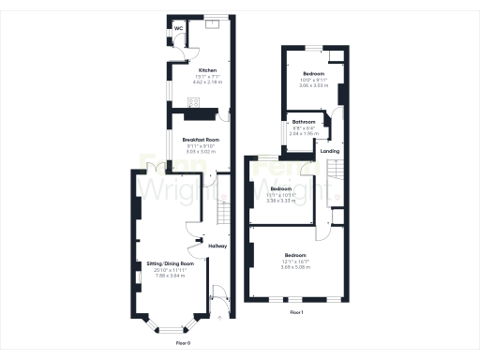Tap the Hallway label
217,246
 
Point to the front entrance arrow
219,319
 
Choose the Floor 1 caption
297,310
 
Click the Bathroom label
303,122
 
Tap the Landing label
330,150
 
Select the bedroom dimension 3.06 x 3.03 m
313,84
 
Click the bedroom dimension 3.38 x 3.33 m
281,200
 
